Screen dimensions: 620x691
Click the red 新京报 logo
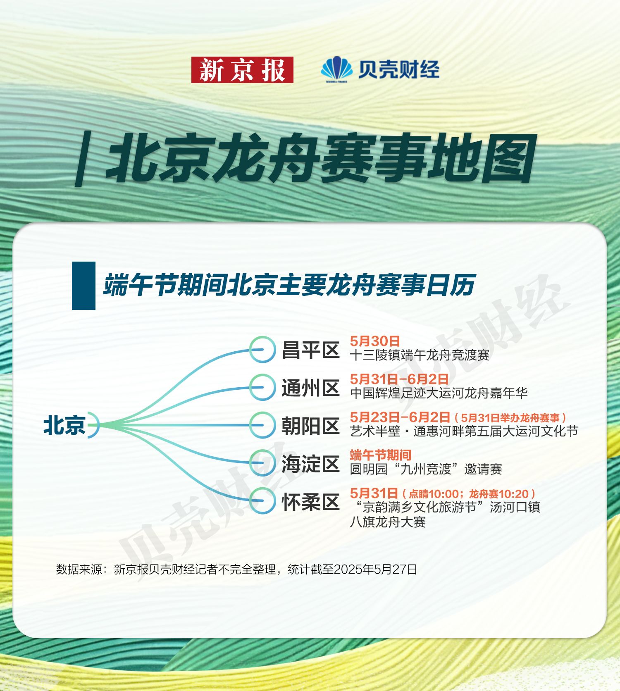tap(242, 70)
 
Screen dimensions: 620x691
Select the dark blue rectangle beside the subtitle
tap(83, 286)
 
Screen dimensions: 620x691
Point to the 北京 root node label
tap(64, 425)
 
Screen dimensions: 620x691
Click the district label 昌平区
tap(310, 350)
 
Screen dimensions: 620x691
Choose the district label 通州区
tap(310, 388)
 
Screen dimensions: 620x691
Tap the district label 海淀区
tap(310, 464)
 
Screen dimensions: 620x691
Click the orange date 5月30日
tap(375, 341)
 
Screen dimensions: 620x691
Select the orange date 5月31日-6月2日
tap(399, 379)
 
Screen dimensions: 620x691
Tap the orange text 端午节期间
tap(381, 455)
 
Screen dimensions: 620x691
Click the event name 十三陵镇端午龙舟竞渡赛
tap(420, 355)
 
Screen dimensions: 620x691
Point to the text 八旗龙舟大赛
tap(388, 522)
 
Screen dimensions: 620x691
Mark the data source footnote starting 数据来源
tap(236, 569)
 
